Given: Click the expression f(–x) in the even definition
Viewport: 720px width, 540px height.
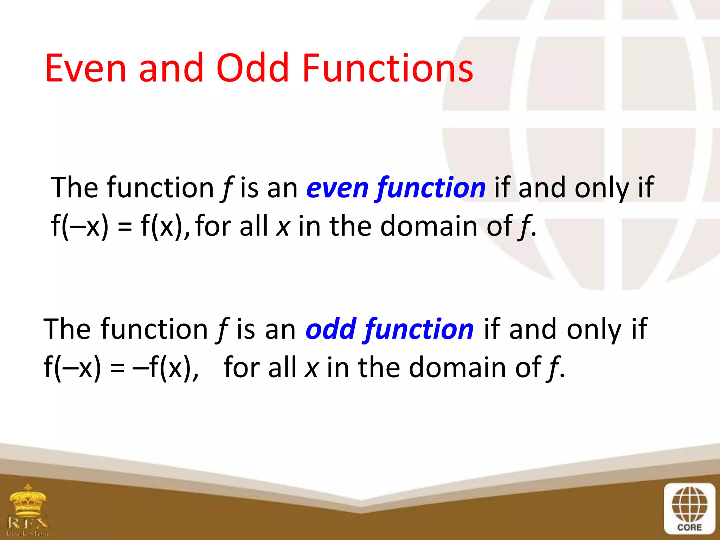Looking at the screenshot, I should click(x=80, y=226).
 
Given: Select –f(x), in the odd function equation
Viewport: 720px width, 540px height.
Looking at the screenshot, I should click(x=166, y=368).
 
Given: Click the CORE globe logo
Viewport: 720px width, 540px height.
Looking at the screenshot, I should click(x=689, y=505).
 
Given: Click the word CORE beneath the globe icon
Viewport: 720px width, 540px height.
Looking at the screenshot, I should click(x=689, y=527).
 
